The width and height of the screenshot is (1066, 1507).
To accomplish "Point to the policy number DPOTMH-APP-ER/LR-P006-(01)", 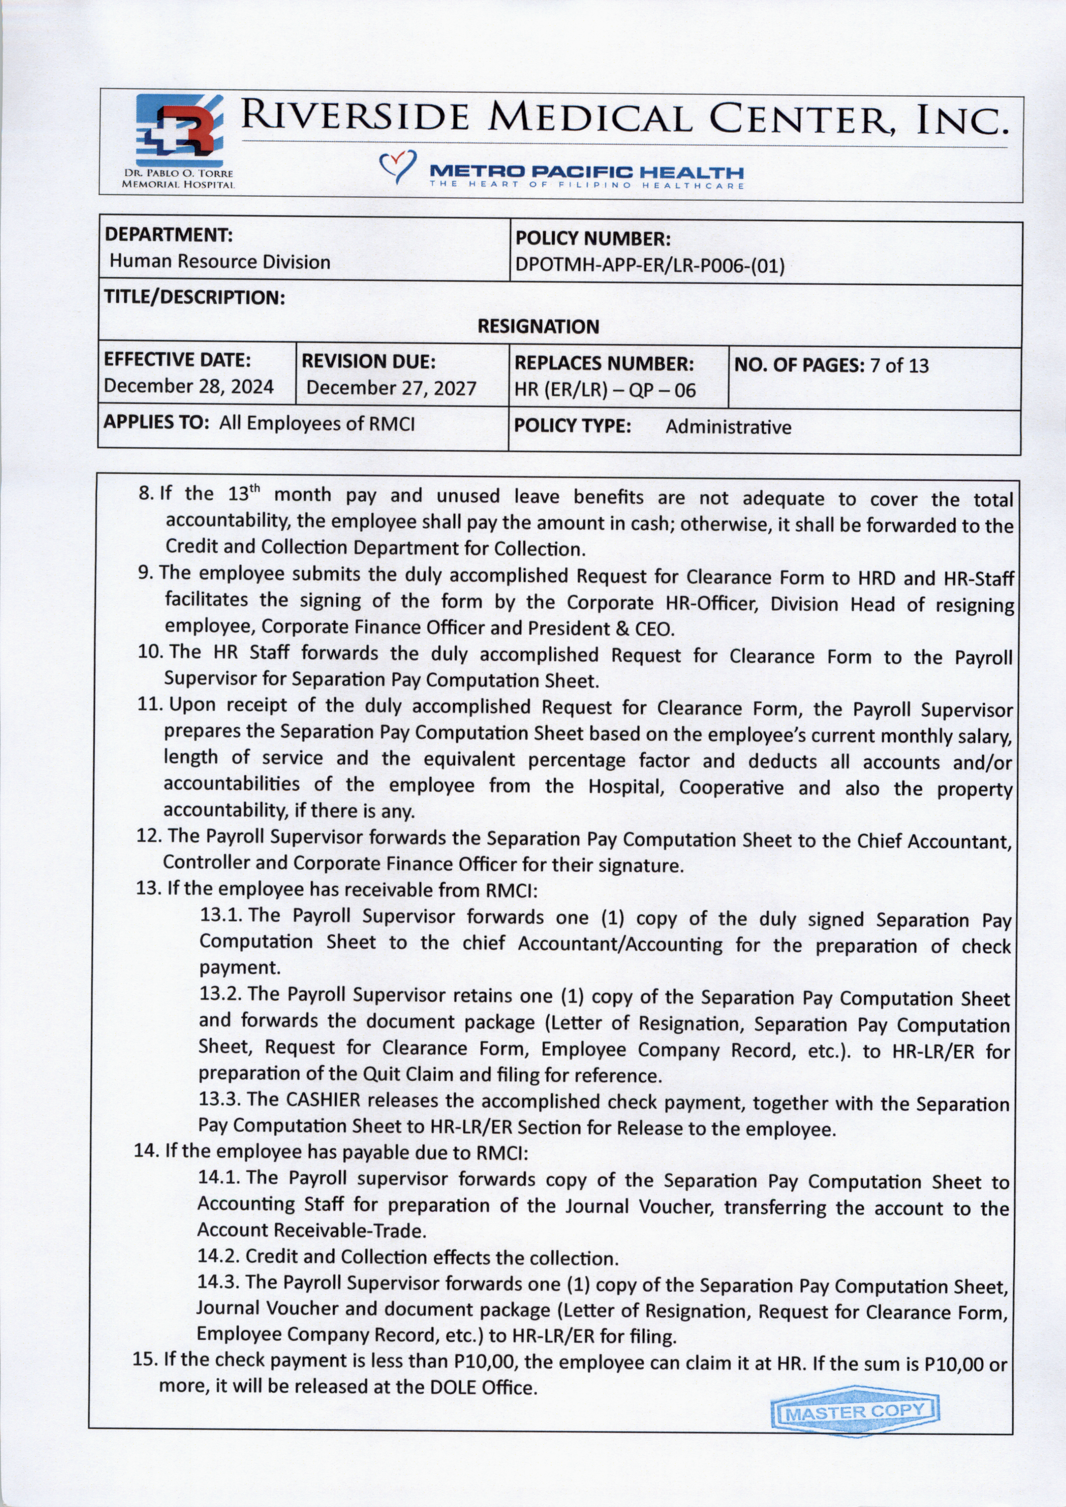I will point(650,266).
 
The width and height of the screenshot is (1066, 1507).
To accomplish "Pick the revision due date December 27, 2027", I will point(391,388).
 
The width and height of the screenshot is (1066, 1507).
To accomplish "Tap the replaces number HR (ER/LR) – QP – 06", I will point(604,391).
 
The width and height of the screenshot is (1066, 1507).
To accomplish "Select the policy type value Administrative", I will point(728,427).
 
